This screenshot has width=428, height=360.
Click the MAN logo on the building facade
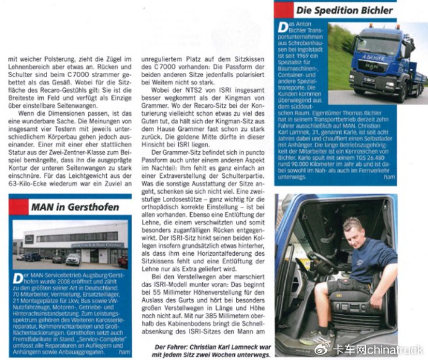tap(29, 239)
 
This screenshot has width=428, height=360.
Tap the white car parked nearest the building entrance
tap(72, 259)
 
